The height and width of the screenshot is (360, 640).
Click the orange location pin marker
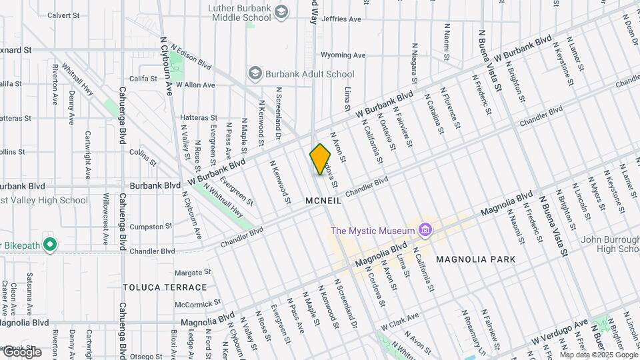(x=320, y=159)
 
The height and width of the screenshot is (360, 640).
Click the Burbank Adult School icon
(x=254, y=73)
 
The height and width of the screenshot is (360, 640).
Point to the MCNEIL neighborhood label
(x=323, y=200)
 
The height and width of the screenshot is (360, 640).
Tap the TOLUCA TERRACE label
(x=165, y=287)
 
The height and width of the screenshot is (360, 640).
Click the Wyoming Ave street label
(x=343, y=55)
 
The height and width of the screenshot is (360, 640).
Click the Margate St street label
(x=192, y=273)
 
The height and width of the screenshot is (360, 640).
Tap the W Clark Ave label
(x=399, y=321)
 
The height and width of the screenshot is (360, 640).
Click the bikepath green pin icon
(x=49, y=245)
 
